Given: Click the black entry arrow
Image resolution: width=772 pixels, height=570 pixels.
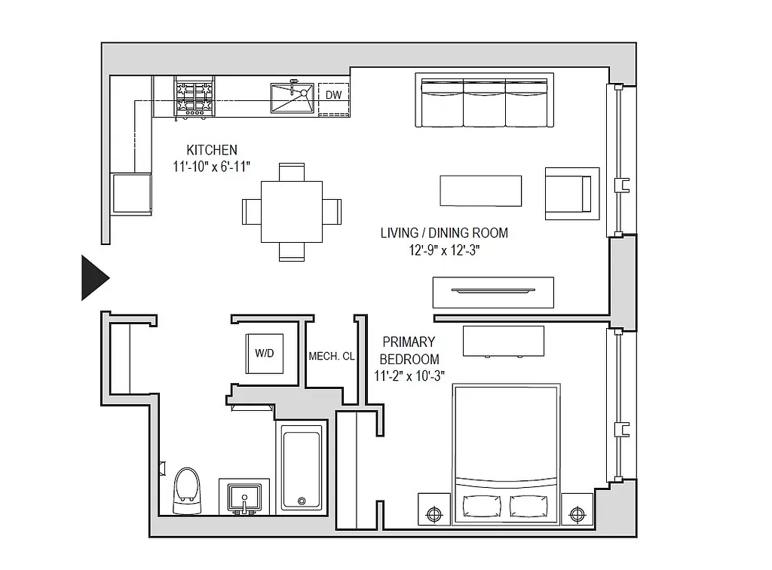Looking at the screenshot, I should [93, 277].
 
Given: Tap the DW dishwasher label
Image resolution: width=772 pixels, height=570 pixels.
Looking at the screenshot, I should [333, 95].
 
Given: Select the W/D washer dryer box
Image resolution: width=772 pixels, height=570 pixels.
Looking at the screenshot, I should [264, 353].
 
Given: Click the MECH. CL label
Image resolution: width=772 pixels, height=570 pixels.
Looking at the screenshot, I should [332, 357].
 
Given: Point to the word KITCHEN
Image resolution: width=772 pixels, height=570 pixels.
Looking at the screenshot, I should [212, 150].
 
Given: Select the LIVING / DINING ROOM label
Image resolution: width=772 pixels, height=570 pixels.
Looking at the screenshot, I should [444, 233].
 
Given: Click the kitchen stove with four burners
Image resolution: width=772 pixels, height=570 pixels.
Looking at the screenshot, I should [195, 98].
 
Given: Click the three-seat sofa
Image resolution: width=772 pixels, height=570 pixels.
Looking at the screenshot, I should [485, 102].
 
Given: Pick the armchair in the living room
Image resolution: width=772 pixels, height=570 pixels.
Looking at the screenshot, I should [571, 193].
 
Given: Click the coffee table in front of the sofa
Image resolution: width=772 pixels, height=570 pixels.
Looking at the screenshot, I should [481, 190].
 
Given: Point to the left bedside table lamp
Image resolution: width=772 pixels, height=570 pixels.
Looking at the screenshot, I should [434, 514].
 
